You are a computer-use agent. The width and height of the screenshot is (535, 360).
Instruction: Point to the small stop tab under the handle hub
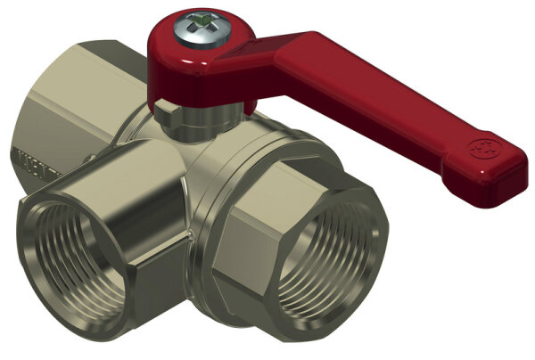pyautogui.click(x=166, y=106)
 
